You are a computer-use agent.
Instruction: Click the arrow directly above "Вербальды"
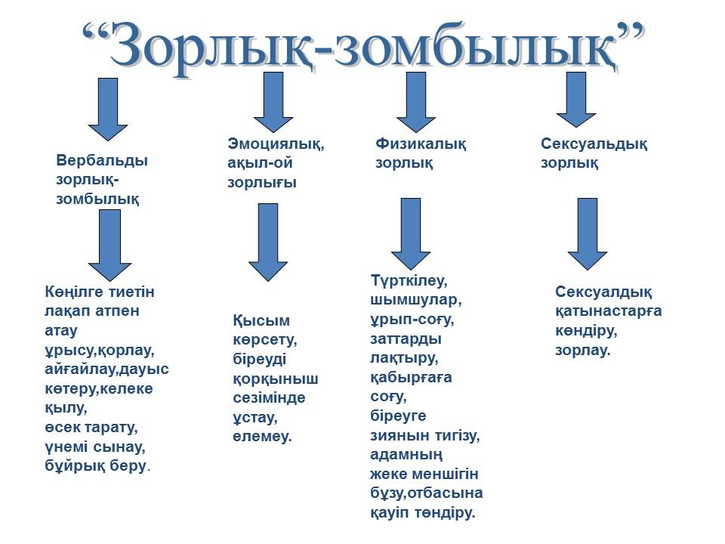coord(108,109)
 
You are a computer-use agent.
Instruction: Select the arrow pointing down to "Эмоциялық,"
coord(273,102)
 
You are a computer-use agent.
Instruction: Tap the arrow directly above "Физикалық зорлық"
coord(415,102)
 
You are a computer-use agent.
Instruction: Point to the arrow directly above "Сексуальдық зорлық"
coord(575,100)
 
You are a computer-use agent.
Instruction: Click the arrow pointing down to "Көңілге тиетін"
coord(110,245)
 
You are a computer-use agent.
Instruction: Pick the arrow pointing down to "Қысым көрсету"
coord(268,243)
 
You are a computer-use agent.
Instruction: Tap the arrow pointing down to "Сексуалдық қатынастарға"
coord(588,234)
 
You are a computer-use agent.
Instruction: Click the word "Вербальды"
coord(102,160)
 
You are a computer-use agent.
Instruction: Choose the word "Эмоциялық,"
coord(276,144)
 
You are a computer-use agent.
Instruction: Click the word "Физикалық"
coord(421,144)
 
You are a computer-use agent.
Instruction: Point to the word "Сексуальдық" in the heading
coord(594,144)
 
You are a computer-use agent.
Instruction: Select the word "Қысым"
coord(261,320)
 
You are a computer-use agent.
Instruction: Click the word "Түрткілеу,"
coord(409,280)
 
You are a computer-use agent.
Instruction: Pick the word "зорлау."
coord(582,350)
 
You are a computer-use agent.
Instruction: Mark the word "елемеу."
coord(262,436)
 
